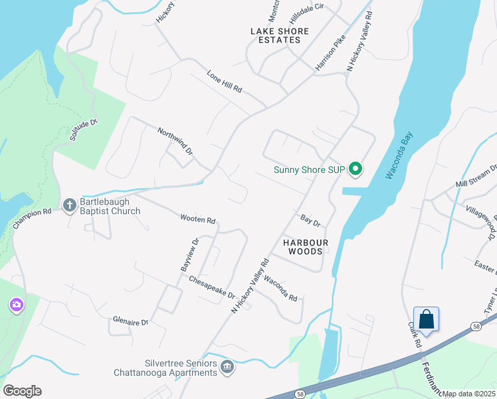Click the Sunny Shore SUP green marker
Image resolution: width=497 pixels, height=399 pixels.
coord(355,170)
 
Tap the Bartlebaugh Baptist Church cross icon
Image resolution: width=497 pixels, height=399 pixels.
coord(70,205)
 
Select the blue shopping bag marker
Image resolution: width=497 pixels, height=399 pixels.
coord(426,320)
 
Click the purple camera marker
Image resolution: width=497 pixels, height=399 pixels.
coord(16,305)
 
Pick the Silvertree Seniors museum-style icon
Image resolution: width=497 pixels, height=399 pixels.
coord(227,367)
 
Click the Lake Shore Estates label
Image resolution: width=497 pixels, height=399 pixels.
coord(280,36)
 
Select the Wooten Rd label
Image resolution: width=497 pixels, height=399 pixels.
coord(198,219)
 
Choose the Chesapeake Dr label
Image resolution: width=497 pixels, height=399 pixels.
coord(212,287)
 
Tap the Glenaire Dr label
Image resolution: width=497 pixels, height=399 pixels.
coord(130,321)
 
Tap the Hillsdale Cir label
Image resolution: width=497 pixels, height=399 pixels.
coord(305,6)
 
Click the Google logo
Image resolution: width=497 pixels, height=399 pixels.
coord(22,391)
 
